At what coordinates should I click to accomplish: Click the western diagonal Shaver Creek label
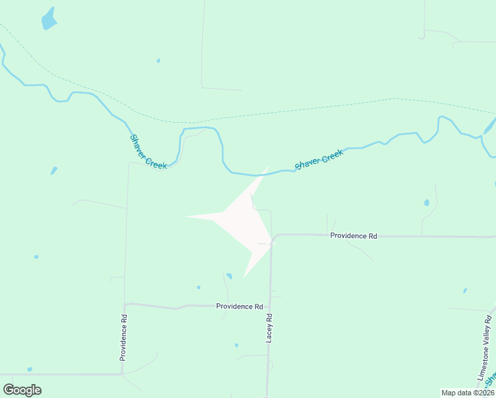[x=148, y=151]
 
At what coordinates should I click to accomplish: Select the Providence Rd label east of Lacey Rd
[x=353, y=235]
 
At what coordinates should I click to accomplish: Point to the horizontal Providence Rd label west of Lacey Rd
[x=239, y=306]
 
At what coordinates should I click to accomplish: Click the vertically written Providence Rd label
[x=123, y=337]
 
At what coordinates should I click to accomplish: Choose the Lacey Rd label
[x=270, y=328]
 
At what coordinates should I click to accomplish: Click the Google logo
[x=22, y=390]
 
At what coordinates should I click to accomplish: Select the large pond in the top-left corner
[x=49, y=19]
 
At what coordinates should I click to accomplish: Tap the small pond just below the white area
[x=229, y=276]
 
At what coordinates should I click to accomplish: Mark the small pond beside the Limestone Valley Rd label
[x=465, y=291]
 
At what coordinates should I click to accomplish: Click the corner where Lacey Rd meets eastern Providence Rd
[x=273, y=237]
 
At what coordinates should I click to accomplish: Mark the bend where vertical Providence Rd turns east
[x=125, y=304]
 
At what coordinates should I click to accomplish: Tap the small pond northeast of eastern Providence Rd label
[x=426, y=202]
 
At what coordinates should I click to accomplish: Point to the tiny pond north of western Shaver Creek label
[x=158, y=61]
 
